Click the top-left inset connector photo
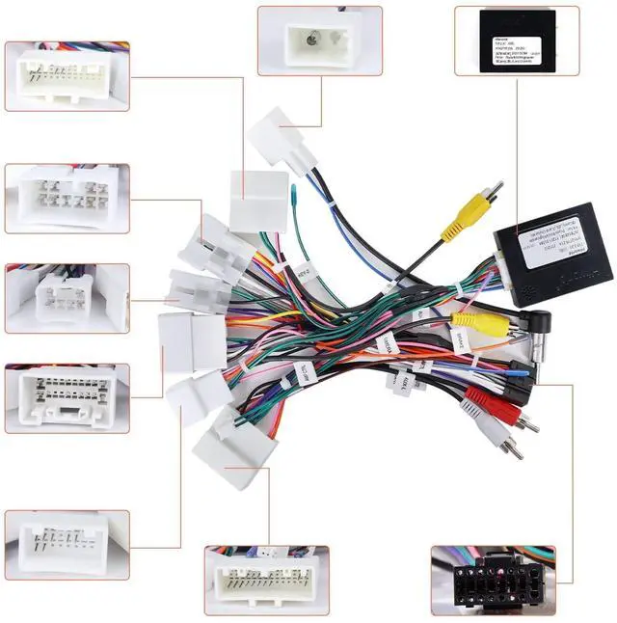point(67,76)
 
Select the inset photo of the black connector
point(493,581)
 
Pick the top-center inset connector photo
point(319,41)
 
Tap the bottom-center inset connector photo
point(266,581)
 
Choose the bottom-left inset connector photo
point(67,543)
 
